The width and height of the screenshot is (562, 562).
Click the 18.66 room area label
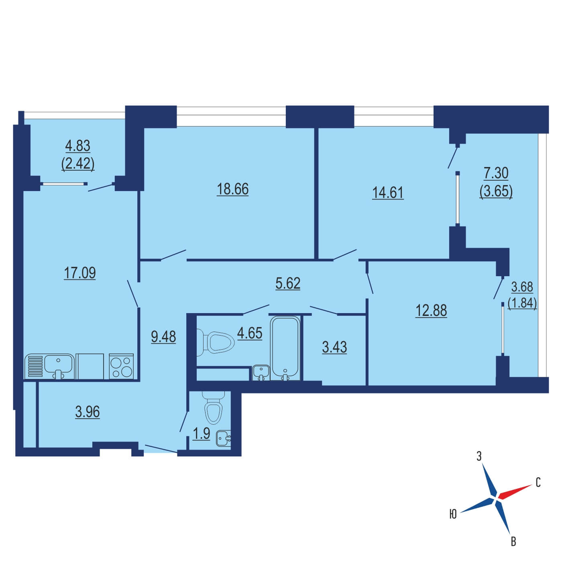[232, 189]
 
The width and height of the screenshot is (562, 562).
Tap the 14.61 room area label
[388, 193]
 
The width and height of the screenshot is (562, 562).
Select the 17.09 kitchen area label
[79, 273]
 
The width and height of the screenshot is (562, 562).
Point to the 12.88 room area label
[431, 311]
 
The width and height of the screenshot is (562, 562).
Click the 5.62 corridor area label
[288, 283]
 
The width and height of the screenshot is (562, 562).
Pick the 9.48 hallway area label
[163, 337]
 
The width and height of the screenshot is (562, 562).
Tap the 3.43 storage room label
[334, 347]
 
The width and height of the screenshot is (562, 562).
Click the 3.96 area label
[88, 412]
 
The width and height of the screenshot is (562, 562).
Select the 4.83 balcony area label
[78, 146]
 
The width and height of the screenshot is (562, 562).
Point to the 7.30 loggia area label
[496, 173]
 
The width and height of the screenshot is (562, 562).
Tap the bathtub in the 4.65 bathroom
[285, 348]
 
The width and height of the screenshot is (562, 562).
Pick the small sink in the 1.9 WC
[224, 439]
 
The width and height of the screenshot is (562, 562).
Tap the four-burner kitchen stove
[121, 367]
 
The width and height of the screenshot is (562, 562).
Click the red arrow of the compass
[515, 492]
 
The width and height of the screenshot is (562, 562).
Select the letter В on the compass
[513, 542]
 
